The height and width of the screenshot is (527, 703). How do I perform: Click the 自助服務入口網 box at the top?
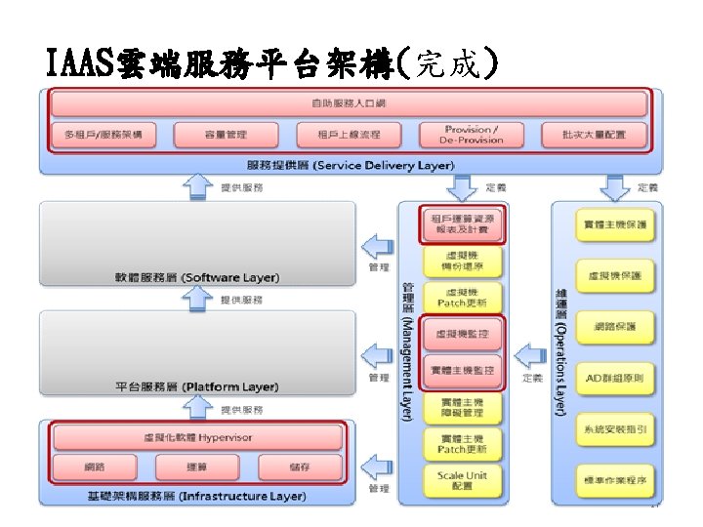click(x=350, y=103)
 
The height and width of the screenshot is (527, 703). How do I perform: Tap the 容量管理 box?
click(x=226, y=134)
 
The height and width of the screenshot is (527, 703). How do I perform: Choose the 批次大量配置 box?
click(x=594, y=134)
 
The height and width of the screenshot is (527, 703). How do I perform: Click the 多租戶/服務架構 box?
click(x=104, y=134)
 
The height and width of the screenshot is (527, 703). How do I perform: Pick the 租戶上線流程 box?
click(x=349, y=134)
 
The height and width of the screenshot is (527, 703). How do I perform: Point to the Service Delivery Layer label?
click(x=350, y=165)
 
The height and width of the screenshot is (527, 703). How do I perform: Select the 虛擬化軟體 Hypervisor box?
click(x=198, y=437)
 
